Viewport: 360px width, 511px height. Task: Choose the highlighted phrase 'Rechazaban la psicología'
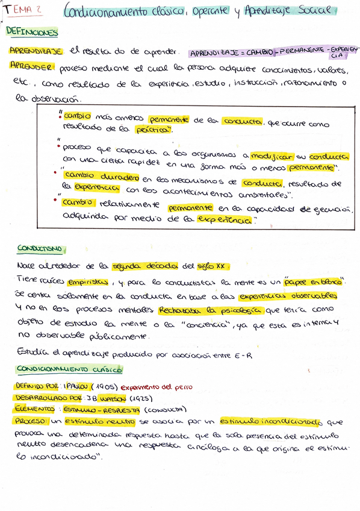tap(210, 310)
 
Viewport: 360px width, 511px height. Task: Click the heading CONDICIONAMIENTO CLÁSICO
tap(69, 368)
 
